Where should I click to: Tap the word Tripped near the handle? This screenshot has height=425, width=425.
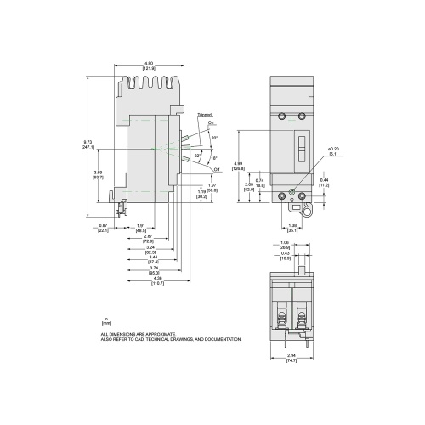point(204,115)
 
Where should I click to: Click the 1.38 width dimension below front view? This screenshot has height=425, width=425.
point(293,225)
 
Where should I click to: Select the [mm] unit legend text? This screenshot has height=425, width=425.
point(105,324)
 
